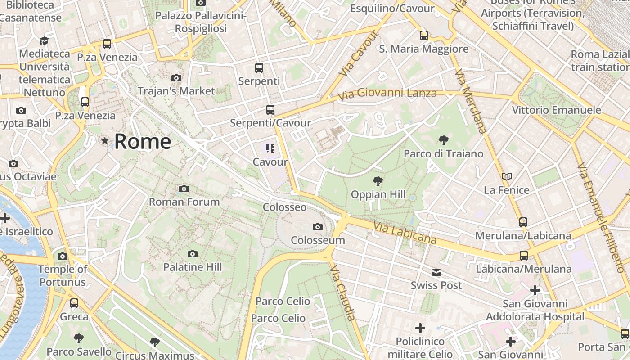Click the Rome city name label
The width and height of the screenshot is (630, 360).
click(142, 142)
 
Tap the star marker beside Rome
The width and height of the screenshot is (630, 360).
click(105, 141)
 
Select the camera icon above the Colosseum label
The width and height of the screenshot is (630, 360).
click(318, 227)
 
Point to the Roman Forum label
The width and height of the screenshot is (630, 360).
click(184, 202)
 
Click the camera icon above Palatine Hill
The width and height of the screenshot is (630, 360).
click(193, 254)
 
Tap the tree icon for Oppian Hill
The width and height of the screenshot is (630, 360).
click(378, 181)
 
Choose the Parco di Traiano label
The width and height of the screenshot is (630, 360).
click(443, 154)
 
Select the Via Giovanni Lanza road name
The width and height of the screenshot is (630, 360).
click(387, 94)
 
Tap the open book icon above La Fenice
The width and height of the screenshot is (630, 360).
click(507, 177)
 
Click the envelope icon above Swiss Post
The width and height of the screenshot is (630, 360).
click(436, 272)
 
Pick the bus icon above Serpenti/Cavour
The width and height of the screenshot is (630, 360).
click(270, 109)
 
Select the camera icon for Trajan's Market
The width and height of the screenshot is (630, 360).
click(176, 78)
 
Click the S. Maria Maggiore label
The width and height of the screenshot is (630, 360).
click(423, 49)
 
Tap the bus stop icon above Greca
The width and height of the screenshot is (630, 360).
click(74, 303)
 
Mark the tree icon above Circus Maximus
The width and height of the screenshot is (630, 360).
click(155, 342)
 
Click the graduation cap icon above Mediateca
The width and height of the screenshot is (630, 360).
click(44, 40)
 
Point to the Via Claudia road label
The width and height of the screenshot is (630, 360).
click(342, 292)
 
